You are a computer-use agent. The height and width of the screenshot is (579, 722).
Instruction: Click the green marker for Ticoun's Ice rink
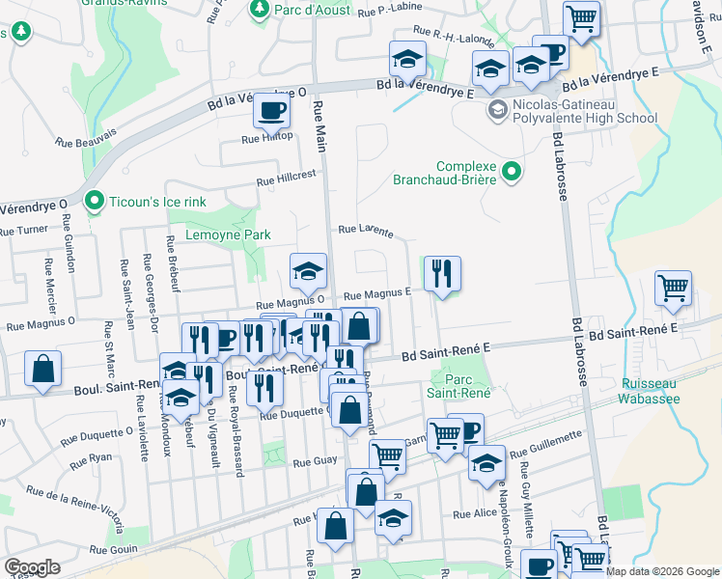tap(94, 202)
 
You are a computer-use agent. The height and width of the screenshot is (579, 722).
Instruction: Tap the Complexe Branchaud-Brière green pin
tap(513, 173)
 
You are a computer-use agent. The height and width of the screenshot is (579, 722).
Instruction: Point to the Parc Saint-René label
tap(460, 385)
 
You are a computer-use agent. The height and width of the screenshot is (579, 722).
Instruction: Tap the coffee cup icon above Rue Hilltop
tap(271, 110)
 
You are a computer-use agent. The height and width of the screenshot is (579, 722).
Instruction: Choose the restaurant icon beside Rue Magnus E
tap(442, 273)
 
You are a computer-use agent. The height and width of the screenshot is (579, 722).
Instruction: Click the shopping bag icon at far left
tap(42, 369)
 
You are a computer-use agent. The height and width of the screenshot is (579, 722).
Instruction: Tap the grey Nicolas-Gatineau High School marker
tap(497, 107)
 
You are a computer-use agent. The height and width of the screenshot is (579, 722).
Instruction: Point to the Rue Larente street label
tap(365, 231)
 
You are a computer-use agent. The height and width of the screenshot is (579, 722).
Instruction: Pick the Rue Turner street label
tap(23, 231)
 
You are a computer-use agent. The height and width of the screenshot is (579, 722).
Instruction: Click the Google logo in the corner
tap(33, 566)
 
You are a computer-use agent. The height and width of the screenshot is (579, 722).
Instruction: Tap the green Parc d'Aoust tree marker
tap(259, 9)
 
